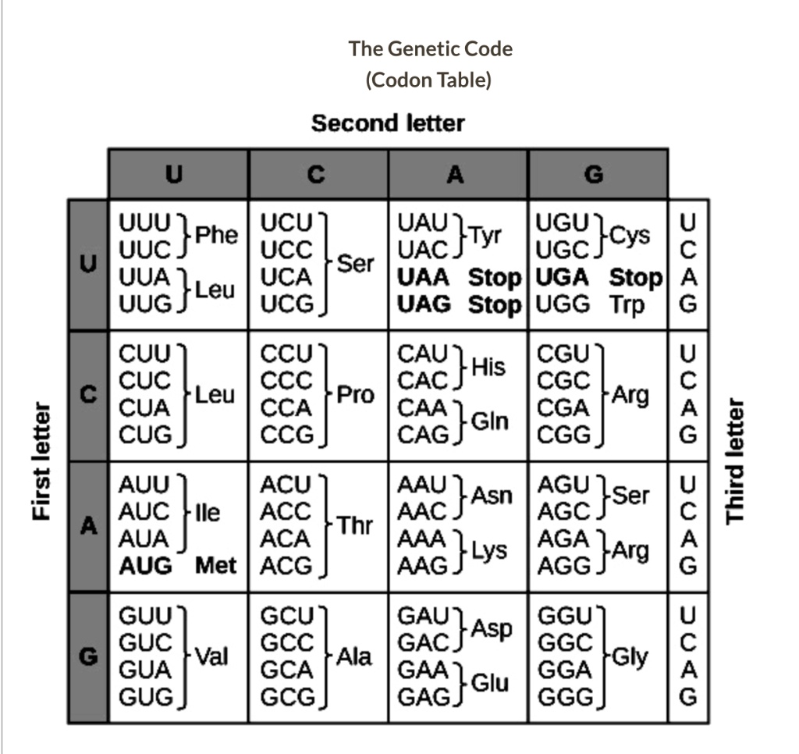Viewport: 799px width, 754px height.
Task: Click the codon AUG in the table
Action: click(145, 566)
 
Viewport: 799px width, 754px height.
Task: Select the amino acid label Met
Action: click(215, 566)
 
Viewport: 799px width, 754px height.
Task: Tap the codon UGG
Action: click(560, 304)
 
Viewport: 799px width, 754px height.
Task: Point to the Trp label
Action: click(627, 304)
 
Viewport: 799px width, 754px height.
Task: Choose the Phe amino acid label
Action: click(216, 235)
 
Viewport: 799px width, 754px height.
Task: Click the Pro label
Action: click(355, 395)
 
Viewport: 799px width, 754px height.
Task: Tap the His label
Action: click(488, 367)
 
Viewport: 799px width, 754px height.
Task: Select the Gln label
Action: click(490, 421)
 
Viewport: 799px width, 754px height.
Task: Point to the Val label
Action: click(211, 656)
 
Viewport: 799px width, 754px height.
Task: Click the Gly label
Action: click(630, 656)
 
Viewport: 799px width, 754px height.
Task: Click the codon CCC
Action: click(286, 381)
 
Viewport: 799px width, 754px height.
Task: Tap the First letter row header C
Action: click(89, 395)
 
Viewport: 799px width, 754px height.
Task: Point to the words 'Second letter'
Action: click(388, 123)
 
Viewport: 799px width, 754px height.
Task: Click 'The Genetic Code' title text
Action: click(430, 49)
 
